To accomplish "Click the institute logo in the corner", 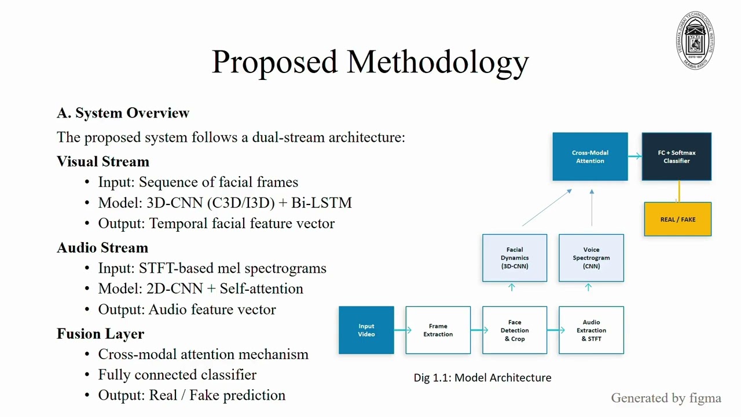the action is pyautogui.click(x=695, y=41).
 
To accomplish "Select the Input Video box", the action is pyautogui.click(x=366, y=330).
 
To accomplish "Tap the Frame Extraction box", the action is pyautogui.click(x=438, y=330).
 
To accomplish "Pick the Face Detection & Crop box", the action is pyautogui.click(x=515, y=330).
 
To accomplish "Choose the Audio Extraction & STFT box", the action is pyautogui.click(x=591, y=330).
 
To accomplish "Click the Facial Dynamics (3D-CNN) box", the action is pyautogui.click(x=515, y=258).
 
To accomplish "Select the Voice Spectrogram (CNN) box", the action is pyautogui.click(x=591, y=258).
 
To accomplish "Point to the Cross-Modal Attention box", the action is pyautogui.click(x=590, y=156).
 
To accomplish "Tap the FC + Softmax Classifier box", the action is pyautogui.click(x=677, y=156).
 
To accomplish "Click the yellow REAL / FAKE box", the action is pyautogui.click(x=677, y=219).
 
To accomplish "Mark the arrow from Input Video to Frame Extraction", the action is pyautogui.click(x=402, y=330).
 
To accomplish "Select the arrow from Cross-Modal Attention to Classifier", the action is pyautogui.click(x=635, y=156).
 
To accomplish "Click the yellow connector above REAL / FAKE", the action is pyautogui.click(x=679, y=191).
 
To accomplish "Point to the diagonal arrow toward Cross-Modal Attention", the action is pyautogui.click(x=547, y=207).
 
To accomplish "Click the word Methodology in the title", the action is pyautogui.click(x=438, y=62).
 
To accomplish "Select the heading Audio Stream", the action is pyautogui.click(x=102, y=247).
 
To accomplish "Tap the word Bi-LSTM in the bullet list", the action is pyautogui.click(x=321, y=203).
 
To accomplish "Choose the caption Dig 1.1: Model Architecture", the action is pyautogui.click(x=482, y=378).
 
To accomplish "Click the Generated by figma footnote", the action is pyautogui.click(x=666, y=398).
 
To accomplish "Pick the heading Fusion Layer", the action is pyautogui.click(x=101, y=334).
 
